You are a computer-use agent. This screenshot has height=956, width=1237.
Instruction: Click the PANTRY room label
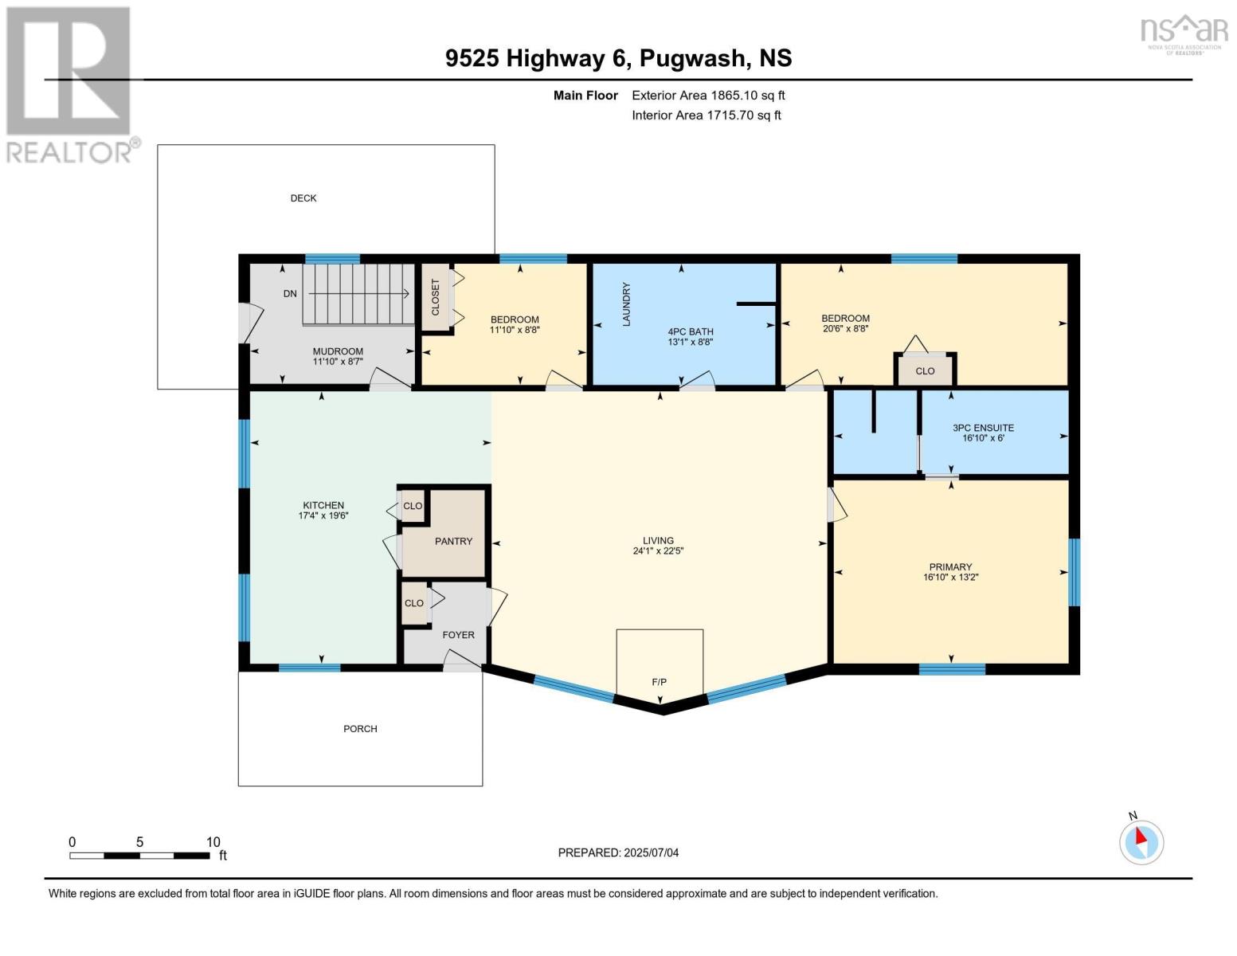click(x=453, y=542)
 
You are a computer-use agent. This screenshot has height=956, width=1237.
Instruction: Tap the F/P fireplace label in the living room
click(x=659, y=682)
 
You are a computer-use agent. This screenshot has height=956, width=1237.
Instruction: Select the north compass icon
click(x=1141, y=841)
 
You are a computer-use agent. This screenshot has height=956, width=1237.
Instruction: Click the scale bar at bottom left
click(x=140, y=856)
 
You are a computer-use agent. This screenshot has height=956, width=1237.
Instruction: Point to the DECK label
click(x=303, y=198)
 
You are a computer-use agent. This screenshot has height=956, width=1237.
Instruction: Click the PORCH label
click(x=360, y=729)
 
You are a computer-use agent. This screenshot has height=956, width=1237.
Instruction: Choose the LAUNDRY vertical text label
click(x=626, y=304)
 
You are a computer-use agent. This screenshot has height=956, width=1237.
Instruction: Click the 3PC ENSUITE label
click(x=983, y=428)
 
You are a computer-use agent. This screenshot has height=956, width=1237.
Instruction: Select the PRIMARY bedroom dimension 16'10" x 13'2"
click(x=950, y=578)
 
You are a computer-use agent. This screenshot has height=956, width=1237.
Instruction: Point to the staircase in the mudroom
click(x=358, y=294)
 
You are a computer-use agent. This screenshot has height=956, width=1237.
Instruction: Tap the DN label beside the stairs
click(x=290, y=294)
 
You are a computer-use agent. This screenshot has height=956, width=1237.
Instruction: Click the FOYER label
click(x=458, y=635)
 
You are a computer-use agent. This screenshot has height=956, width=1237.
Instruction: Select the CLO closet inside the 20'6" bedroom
click(x=925, y=371)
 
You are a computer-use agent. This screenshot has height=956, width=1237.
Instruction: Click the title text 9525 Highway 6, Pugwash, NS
click(x=618, y=58)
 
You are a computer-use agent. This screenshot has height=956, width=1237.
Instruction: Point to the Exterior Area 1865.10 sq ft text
click(x=708, y=96)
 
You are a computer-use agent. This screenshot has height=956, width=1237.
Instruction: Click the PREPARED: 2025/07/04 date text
click(x=618, y=853)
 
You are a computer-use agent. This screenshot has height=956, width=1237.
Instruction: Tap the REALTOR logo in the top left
click(x=70, y=84)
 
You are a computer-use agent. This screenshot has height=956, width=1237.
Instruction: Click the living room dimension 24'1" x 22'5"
click(x=658, y=550)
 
